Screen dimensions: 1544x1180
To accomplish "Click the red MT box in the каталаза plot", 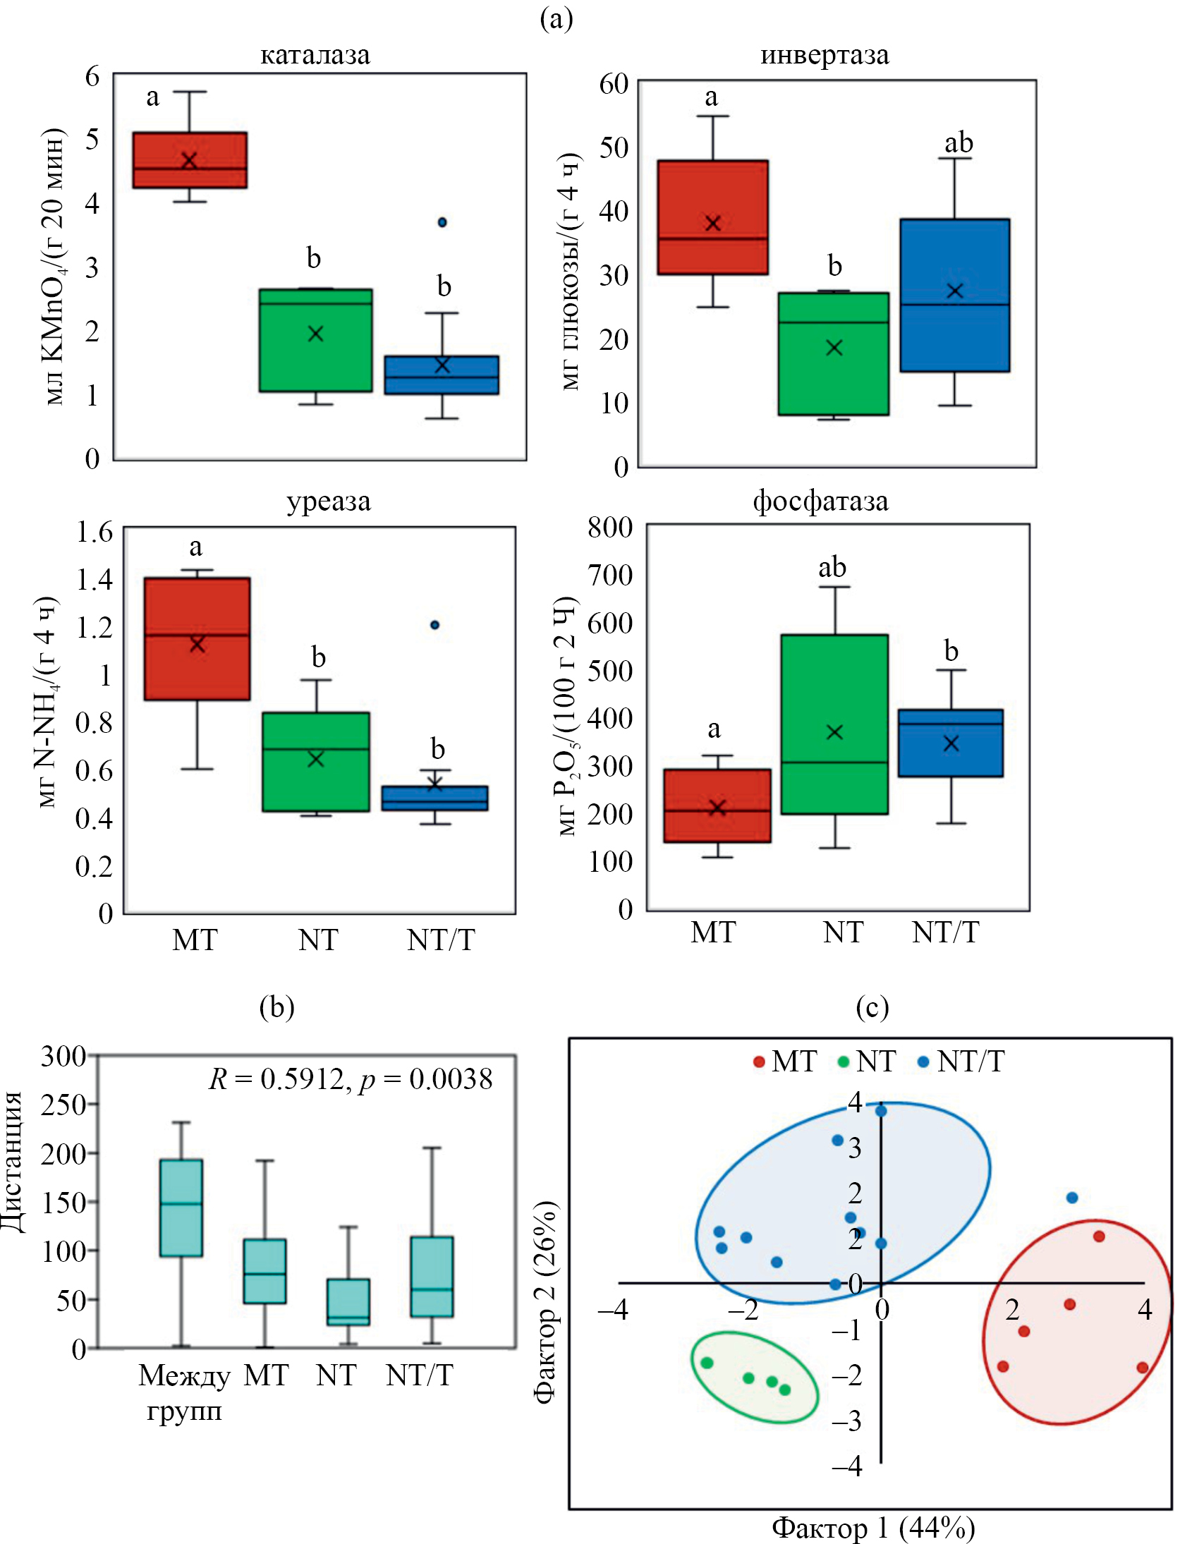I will (190, 159).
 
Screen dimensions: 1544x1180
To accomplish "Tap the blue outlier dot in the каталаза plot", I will (442, 222).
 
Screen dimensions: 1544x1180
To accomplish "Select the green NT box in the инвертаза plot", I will (833, 353).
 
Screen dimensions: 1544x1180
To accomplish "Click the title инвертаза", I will (825, 55).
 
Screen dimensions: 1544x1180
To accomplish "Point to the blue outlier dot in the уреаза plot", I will (435, 625).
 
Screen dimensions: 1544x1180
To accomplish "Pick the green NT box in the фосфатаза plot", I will (834, 724).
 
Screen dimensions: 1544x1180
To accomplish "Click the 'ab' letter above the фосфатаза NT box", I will (832, 567).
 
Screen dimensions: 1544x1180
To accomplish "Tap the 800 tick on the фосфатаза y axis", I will (610, 527).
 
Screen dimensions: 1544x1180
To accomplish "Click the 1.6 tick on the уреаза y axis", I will (95, 532).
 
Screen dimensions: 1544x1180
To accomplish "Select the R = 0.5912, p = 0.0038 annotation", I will (351, 1079).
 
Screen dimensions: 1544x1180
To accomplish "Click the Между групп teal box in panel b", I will (181, 1208).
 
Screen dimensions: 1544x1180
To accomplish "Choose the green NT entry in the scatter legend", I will (868, 1062).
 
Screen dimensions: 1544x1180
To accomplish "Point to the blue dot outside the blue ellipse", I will (1072, 1198).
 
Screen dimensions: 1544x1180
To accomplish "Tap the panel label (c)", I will (872, 1007).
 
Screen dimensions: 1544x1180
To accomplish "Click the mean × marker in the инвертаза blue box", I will (955, 291).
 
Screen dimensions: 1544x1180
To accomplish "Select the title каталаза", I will (315, 55).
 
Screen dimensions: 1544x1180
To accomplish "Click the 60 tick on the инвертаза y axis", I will (614, 84).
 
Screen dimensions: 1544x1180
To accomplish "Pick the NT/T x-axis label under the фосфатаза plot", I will (945, 932).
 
